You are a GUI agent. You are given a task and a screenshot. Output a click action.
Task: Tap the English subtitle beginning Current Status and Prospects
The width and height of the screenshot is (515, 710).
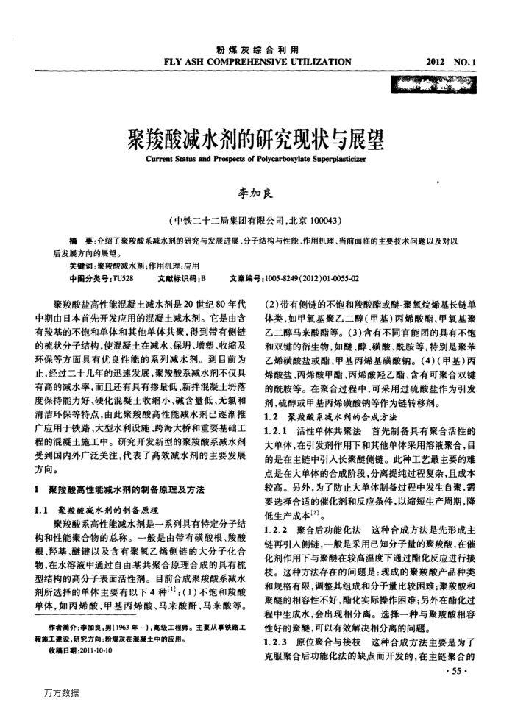pos(256,157)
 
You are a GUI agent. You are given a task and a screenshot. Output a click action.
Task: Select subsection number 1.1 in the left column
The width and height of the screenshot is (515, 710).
pos(43,510)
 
